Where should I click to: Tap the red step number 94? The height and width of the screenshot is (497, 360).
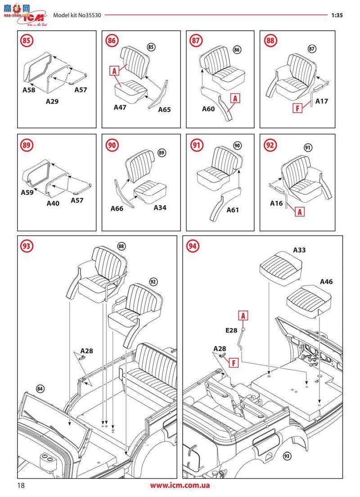tap(193, 246)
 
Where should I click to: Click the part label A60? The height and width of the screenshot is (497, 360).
tap(208, 108)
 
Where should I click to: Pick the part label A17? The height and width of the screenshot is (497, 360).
tap(321, 101)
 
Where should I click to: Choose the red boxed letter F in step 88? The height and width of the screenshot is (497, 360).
tap(297, 108)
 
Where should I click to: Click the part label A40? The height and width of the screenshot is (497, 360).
tap(53, 203)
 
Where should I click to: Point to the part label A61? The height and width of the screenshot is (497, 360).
tap(233, 209)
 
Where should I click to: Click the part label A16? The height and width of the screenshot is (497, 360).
tap(276, 203)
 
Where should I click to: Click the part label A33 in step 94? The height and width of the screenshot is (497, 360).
tap(299, 250)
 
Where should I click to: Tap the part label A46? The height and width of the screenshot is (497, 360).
tap(326, 281)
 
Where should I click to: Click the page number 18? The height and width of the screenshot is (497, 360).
tap(21, 485)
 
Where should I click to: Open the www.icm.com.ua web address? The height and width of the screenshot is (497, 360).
tap(180, 485)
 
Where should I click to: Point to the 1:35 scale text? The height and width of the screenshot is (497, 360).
tap(337, 15)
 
